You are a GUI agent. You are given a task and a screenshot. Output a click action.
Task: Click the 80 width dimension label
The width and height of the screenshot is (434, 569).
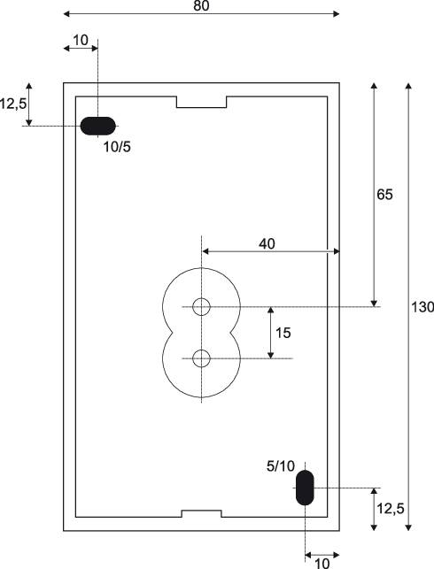(201, 6)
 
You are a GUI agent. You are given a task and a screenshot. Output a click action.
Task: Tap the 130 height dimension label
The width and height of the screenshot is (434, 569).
(422, 307)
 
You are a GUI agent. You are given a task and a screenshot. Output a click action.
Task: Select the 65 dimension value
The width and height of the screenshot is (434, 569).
(384, 195)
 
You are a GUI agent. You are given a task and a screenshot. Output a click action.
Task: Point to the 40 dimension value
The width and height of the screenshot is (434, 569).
(267, 244)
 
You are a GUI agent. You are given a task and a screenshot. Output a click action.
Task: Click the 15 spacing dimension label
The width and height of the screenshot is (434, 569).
(283, 333)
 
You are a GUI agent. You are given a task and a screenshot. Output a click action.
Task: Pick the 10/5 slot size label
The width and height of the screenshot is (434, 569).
(117, 147)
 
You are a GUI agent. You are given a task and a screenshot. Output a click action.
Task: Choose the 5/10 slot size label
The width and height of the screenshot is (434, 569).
(281, 466)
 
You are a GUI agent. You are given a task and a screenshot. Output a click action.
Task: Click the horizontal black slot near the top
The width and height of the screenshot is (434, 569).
(97, 126)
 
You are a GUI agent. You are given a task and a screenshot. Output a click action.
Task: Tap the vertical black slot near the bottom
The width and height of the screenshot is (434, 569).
(305, 488)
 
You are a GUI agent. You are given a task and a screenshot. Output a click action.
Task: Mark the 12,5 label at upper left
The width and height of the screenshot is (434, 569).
(13, 104)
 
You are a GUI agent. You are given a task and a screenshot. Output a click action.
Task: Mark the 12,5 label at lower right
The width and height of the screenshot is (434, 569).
(390, 509)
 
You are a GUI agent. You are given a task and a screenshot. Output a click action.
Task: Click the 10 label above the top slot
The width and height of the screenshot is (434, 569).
(81, 41)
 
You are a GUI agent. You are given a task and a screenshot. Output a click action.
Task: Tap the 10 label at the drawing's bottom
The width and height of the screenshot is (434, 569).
(322, 564)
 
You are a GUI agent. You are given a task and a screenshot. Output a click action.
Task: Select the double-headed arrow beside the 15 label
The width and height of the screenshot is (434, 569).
(270, 333)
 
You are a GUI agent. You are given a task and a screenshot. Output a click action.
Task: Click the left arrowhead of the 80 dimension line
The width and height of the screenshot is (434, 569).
(66, 14)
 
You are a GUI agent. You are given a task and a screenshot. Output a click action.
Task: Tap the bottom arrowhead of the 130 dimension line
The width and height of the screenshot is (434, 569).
(408, 527)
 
